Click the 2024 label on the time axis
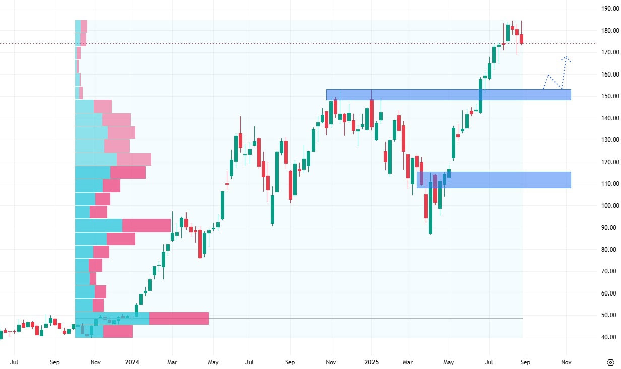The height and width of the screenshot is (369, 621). coord(132,362)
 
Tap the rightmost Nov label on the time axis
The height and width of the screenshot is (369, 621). coord(566,362)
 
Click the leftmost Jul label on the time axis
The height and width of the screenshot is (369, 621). coord(15,362)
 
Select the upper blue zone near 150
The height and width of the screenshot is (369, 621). coord(448,95)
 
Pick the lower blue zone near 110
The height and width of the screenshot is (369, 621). coord(493,180)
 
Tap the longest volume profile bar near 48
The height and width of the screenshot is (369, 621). coord(142,318)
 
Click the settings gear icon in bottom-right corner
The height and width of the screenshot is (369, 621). coord(610,362)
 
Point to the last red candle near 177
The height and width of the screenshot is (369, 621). coord(522,39)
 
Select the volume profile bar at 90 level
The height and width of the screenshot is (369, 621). coord(123,225)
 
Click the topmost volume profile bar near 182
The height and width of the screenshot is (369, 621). coord(81,26)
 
